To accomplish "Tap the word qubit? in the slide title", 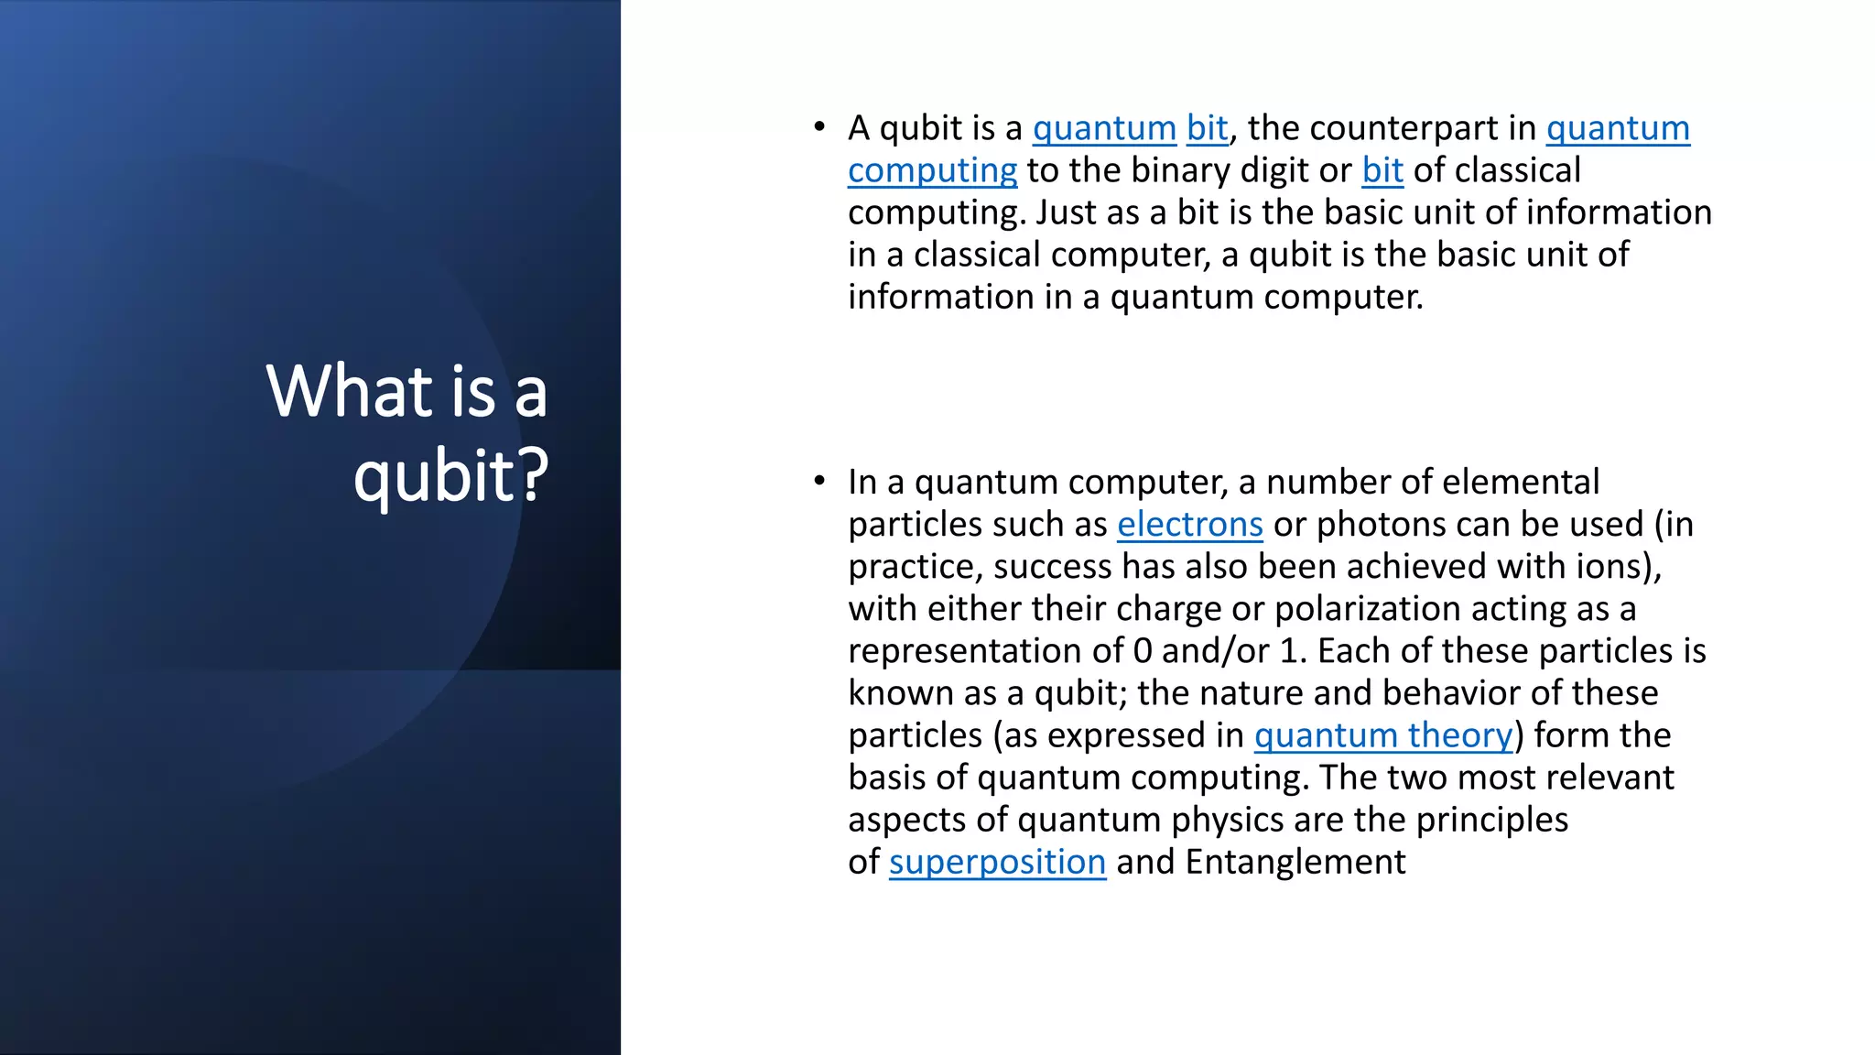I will pos(450,475).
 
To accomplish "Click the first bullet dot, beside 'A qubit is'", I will pos(819,127).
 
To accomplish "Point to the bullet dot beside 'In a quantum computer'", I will pos(819,481).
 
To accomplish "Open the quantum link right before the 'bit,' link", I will pos(1104,128).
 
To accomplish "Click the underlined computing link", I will pos(932,170).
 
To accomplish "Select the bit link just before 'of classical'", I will pos(1382,170).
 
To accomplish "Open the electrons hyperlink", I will pos(1189,524).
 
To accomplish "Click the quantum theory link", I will pos(1382,735).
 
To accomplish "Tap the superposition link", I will pos(997,862).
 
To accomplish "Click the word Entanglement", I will pos(1295,862).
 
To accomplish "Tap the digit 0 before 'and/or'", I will pos(1142,651).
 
